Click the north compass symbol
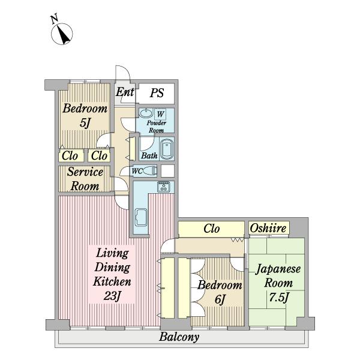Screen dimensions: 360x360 point(62,34)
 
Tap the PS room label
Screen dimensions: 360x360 point(157,93)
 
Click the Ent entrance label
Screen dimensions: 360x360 point(125,92)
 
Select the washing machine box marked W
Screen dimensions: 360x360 point(160,114)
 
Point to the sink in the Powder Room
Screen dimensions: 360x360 point(146,113)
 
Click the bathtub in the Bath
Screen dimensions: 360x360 point(167,149)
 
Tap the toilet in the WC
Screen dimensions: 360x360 point(151,171)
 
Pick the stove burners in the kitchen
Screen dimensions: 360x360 point(164,187)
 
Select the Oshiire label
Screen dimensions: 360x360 point(268,228)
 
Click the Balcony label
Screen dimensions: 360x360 point(179,337)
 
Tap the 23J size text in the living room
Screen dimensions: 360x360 point(112,296)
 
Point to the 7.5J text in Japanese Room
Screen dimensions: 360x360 point(278,298)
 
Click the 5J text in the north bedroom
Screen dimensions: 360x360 point(85,123)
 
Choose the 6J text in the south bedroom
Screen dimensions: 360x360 point(220,299)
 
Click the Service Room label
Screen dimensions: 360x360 point(85,179)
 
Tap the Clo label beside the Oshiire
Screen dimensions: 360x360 point(211,229)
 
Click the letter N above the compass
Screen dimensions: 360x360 point(55,19)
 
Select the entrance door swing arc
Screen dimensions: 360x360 point(126,71)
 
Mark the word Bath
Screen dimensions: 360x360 point(149,155)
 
